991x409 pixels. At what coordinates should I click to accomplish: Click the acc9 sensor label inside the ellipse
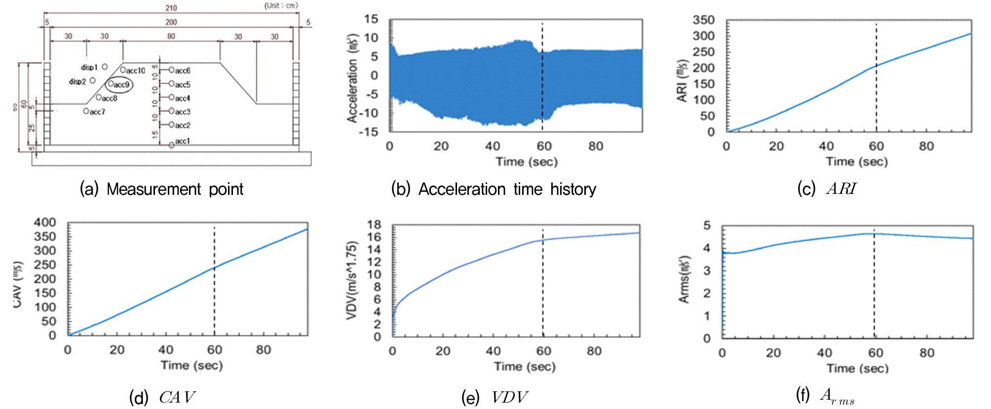[121, 85]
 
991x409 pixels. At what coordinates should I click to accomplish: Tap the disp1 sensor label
[89, 68]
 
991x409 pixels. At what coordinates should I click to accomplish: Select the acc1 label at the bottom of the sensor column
[182, 141]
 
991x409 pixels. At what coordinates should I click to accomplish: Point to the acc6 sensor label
[182, 71]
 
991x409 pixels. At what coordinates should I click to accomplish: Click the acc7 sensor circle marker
[86, 112]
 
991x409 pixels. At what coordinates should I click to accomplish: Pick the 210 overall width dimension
[171, 8]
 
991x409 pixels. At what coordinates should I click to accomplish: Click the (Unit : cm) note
[281, 6]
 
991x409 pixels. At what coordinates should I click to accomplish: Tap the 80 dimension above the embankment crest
[171, 37]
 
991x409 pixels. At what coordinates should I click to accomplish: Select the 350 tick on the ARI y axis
[703, 20]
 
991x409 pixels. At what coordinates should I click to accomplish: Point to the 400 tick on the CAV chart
[45, 223]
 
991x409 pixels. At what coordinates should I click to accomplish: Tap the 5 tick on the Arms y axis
[707, 226]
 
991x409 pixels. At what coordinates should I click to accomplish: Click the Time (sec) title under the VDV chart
[525, 367]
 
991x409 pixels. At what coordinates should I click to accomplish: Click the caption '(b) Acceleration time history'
[494, 189]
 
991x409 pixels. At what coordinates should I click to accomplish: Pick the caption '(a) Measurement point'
[161, 189]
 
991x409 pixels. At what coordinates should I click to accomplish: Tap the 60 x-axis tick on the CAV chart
[215, 350]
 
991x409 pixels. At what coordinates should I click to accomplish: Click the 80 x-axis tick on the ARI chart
[926, 147]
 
